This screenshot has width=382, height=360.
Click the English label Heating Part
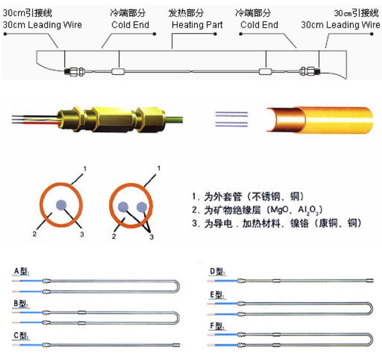point(197,25)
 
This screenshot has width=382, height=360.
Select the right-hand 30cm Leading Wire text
point(340,25)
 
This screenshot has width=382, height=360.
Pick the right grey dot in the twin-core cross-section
point(141,207)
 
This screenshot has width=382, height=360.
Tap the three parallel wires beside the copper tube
point(231,119)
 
